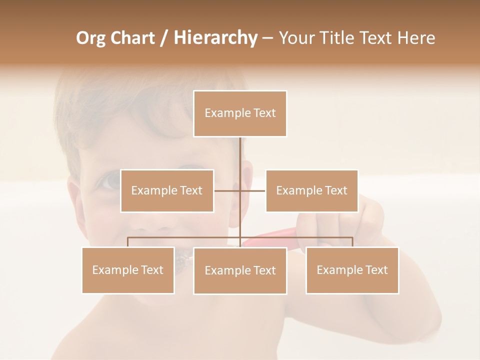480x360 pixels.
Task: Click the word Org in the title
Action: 91,38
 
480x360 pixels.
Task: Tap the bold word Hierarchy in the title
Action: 215,38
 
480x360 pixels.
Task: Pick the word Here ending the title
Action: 416,38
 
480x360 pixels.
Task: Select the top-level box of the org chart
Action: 240,113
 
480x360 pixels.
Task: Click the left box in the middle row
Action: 167,190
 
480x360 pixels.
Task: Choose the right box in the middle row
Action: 311,190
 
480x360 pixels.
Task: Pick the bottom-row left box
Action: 128,270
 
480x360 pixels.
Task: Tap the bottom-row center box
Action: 240,270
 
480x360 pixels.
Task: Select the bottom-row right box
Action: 352,270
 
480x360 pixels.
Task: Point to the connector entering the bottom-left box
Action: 128,242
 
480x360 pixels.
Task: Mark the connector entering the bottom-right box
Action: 352,242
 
